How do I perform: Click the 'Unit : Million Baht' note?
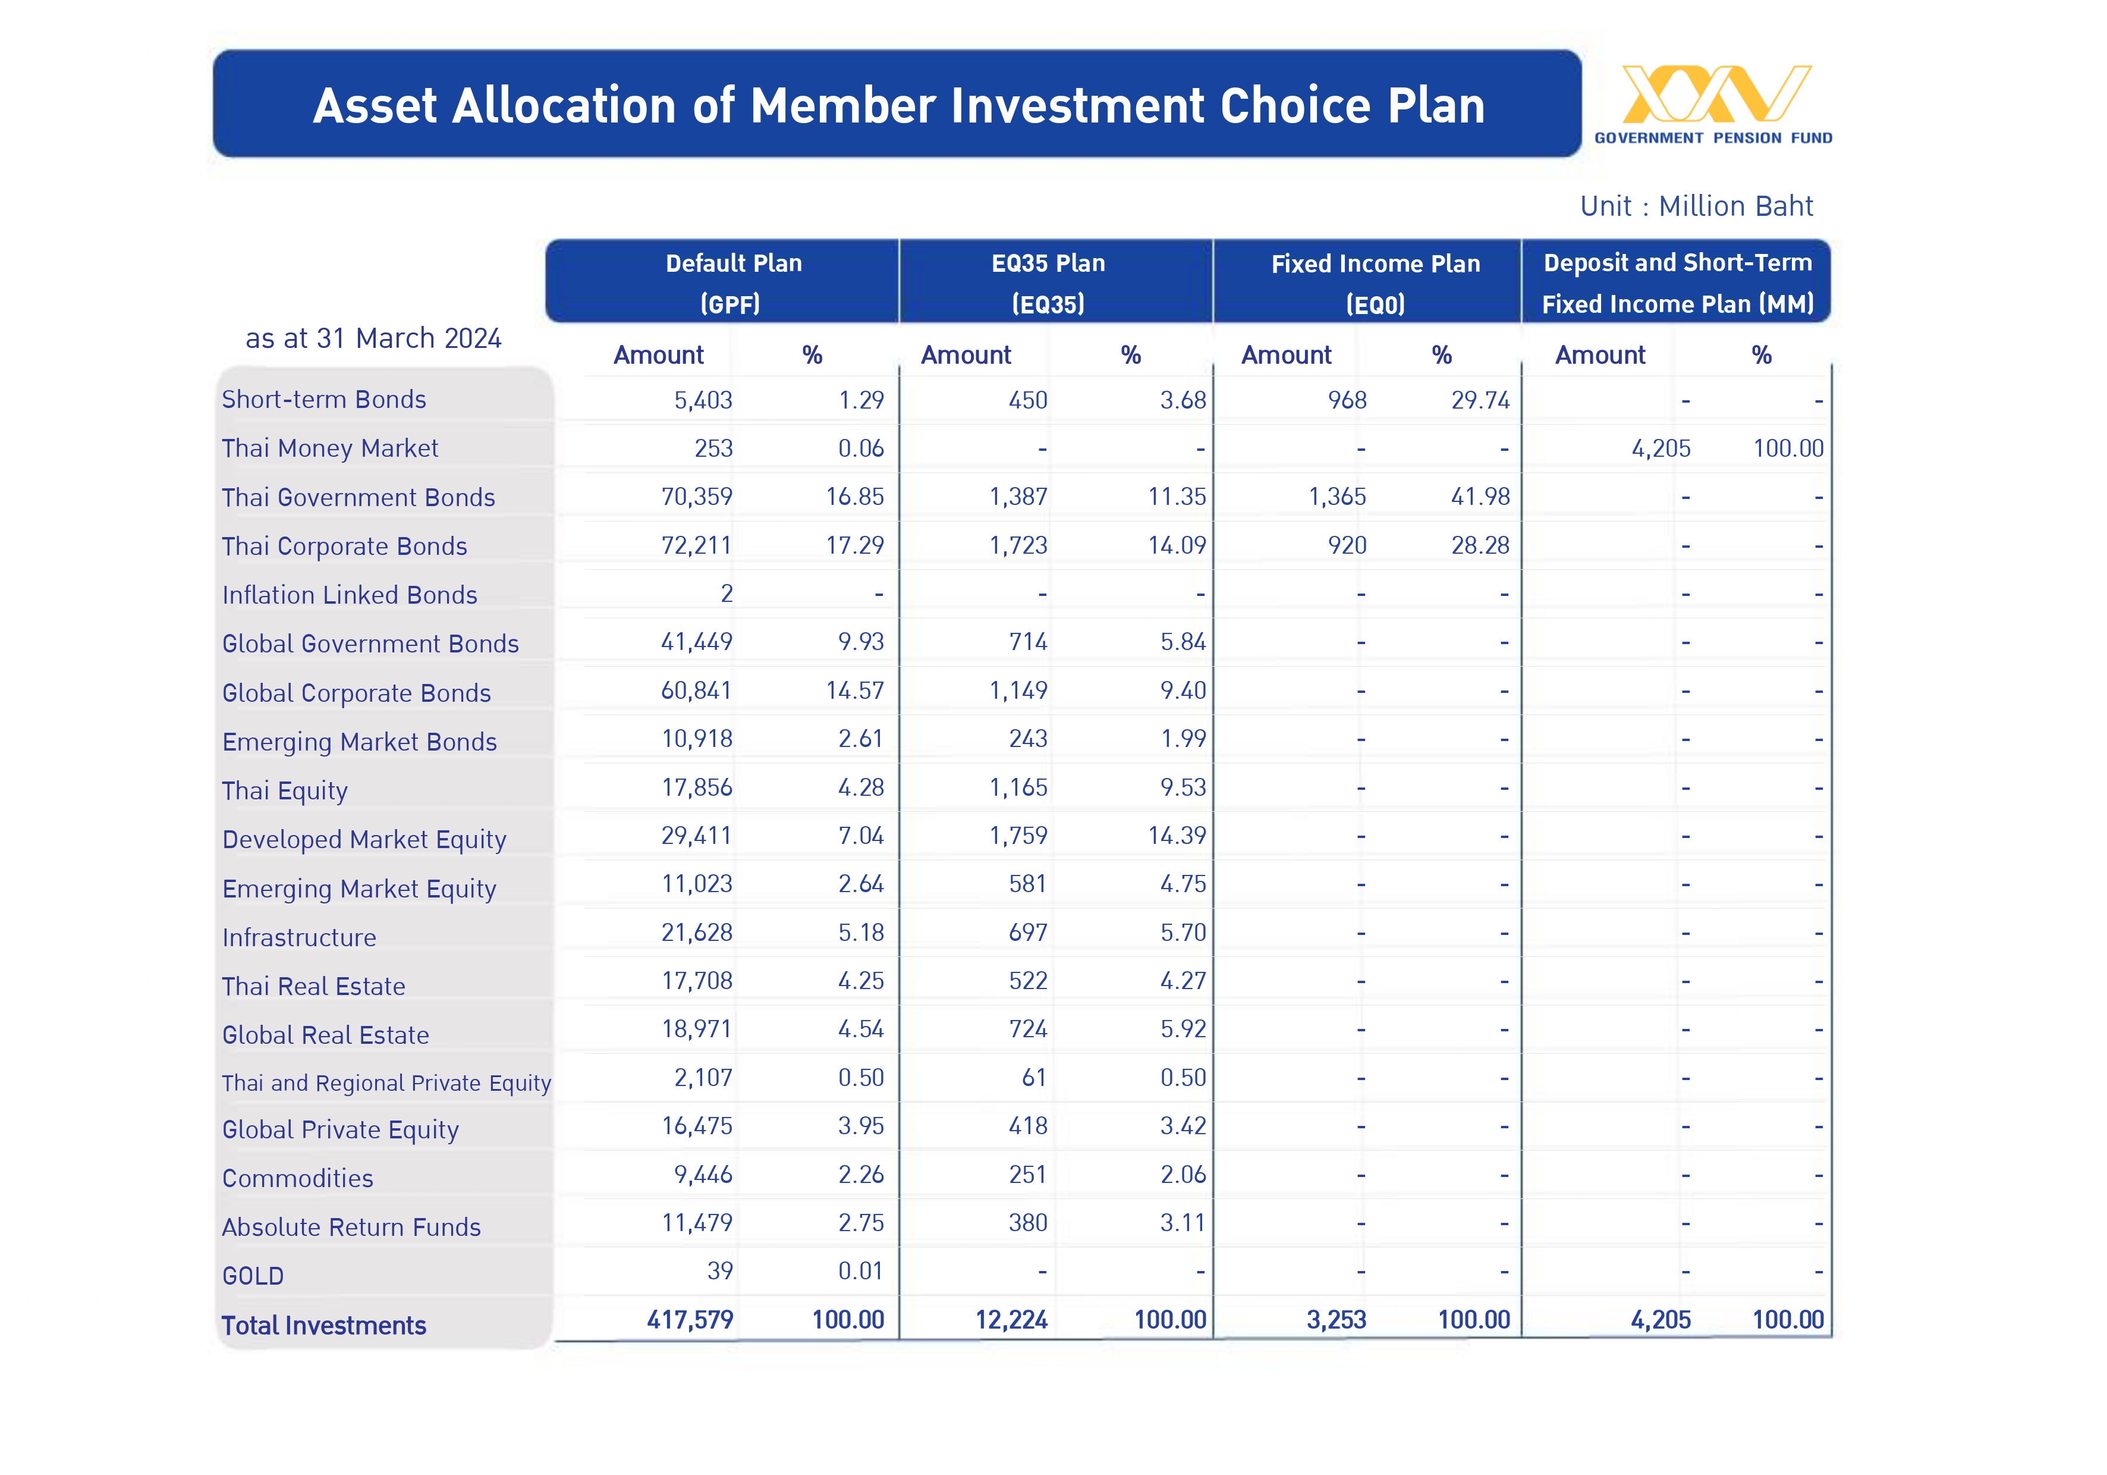(x=1696, y=206)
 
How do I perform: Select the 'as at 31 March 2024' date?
(x=373, y=338)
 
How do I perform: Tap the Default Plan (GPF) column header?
(x=733, y=283)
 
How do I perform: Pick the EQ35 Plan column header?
(x=1048, y=283)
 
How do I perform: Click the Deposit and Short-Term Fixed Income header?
(x=1678, y=283)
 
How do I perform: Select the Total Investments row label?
(x=324, y=1325)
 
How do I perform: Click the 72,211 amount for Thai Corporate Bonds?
(x=697, y=545)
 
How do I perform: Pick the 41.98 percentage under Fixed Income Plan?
(x=1480, y=497)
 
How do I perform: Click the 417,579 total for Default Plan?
(x=690, y=1320)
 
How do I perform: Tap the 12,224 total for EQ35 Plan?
(x=1011, y=1320)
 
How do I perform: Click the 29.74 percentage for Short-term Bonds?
(x=1480, y=400)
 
